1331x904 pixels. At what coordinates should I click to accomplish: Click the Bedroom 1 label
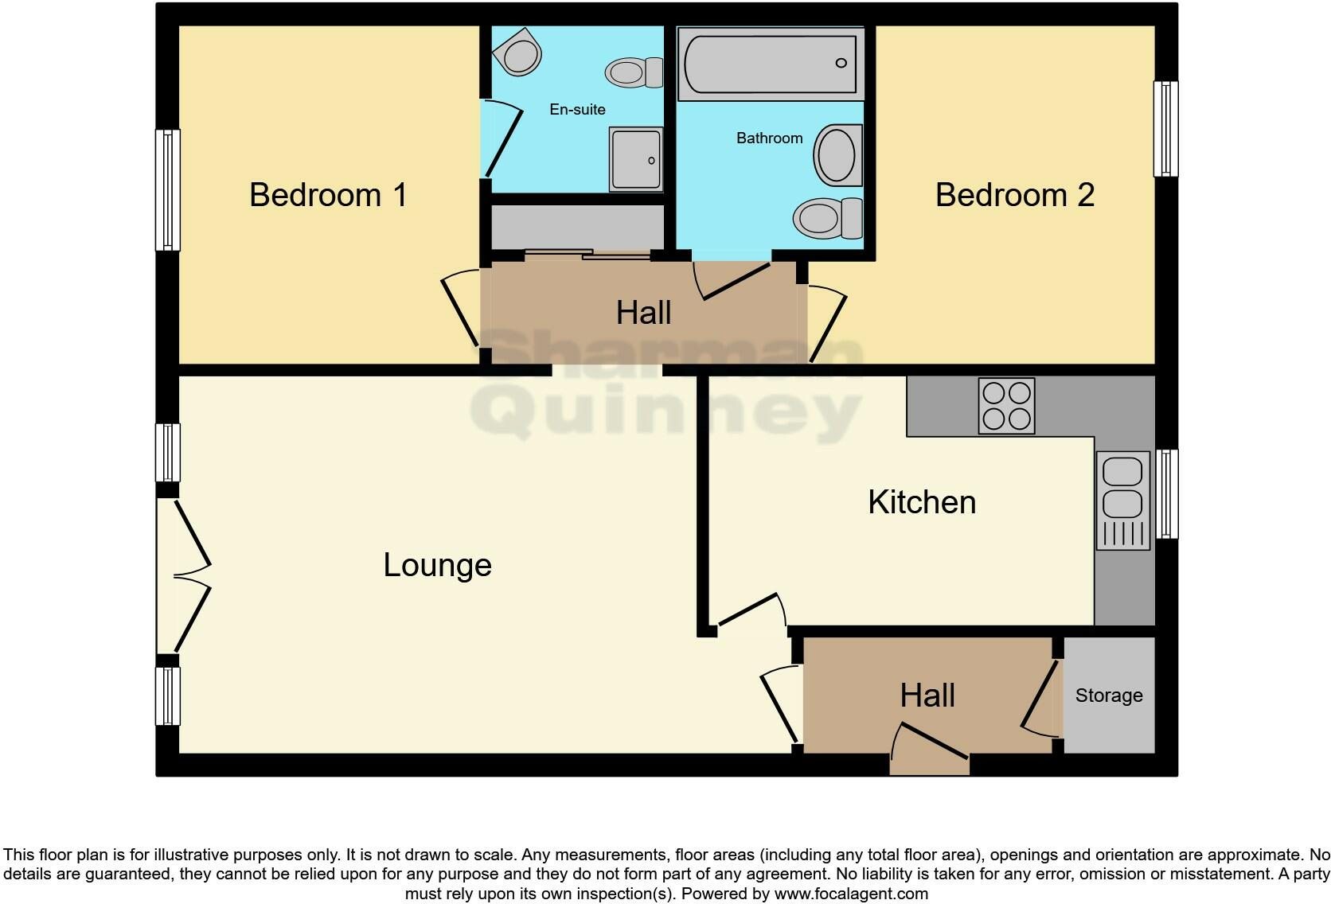(328, 195)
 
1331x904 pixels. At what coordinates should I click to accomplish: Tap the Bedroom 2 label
(1014, 195)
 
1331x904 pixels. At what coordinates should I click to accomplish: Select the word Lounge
(437, 565)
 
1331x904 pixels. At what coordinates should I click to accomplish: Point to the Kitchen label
(921, 502)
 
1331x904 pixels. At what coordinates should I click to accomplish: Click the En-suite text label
(577, 110)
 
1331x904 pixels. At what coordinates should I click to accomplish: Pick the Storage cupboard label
(1108, 696)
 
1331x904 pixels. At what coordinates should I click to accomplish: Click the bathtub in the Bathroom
(770, 64)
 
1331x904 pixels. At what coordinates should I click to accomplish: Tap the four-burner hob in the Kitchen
(1006, 406)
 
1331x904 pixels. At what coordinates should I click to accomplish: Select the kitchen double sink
(1122, 500)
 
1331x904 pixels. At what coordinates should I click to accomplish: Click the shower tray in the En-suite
(635, 159)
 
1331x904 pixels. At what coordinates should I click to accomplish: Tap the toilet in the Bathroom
(828, 217)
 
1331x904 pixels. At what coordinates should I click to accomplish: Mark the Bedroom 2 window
(1165, 128)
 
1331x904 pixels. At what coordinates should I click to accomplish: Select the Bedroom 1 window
(167, 189)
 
